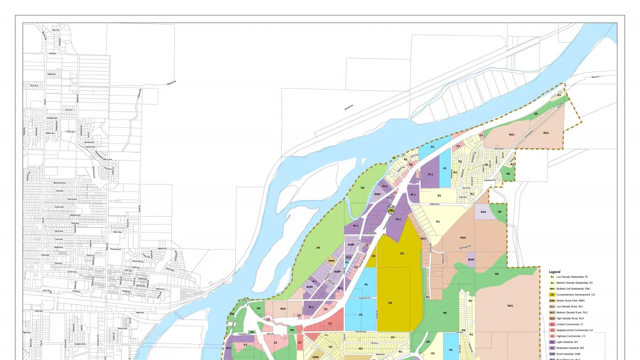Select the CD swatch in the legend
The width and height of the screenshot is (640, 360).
click(553, 294)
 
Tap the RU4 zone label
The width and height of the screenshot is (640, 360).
click(483, 212)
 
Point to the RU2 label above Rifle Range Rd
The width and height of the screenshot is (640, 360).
click(463, 237)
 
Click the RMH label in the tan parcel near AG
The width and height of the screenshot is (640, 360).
click(331, 261)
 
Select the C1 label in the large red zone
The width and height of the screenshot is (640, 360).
click(330, 324)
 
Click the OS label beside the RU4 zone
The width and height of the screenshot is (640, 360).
click(500, 212)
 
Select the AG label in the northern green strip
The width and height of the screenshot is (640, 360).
click(362, 188)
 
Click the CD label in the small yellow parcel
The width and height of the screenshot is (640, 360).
click(373, 256)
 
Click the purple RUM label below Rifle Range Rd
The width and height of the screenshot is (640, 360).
click(471, 260)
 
